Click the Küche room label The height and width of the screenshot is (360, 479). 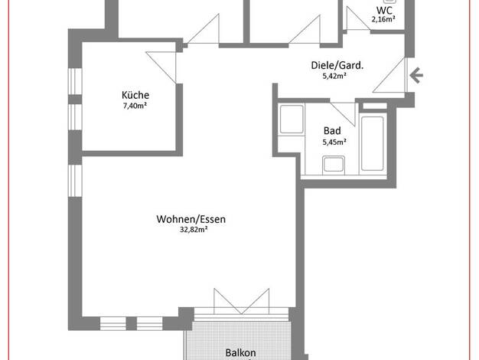[x=135, y=95]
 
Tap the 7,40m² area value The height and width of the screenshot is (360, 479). [x=135, y=106]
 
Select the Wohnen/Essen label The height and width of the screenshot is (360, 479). [x=191, y=219]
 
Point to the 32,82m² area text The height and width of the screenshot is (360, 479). [x=194, y=229]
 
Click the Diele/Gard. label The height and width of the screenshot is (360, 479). [x=337, y=65]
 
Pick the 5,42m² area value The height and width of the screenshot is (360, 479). [x=334, y=76]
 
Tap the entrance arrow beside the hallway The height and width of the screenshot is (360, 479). [x=416, y=75]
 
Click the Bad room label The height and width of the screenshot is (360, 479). [x=332, y=131]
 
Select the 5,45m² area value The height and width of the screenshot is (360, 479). [x=334, y=142]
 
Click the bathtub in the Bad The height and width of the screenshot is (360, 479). [x=373, y=143]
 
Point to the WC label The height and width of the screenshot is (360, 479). [x=384, y=11]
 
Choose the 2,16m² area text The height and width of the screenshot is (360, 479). [x=383, y=19]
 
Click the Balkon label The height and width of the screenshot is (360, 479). [x=241, y=352]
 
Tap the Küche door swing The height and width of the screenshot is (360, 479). [x=162, y=67]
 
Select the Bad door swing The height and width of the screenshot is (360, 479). [x=344, y=114]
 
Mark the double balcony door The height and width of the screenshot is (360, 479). [x=241, y=301]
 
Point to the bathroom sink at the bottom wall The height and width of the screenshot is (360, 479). [x=334, y=165]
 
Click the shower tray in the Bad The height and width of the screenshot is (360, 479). [x=292, y=119]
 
